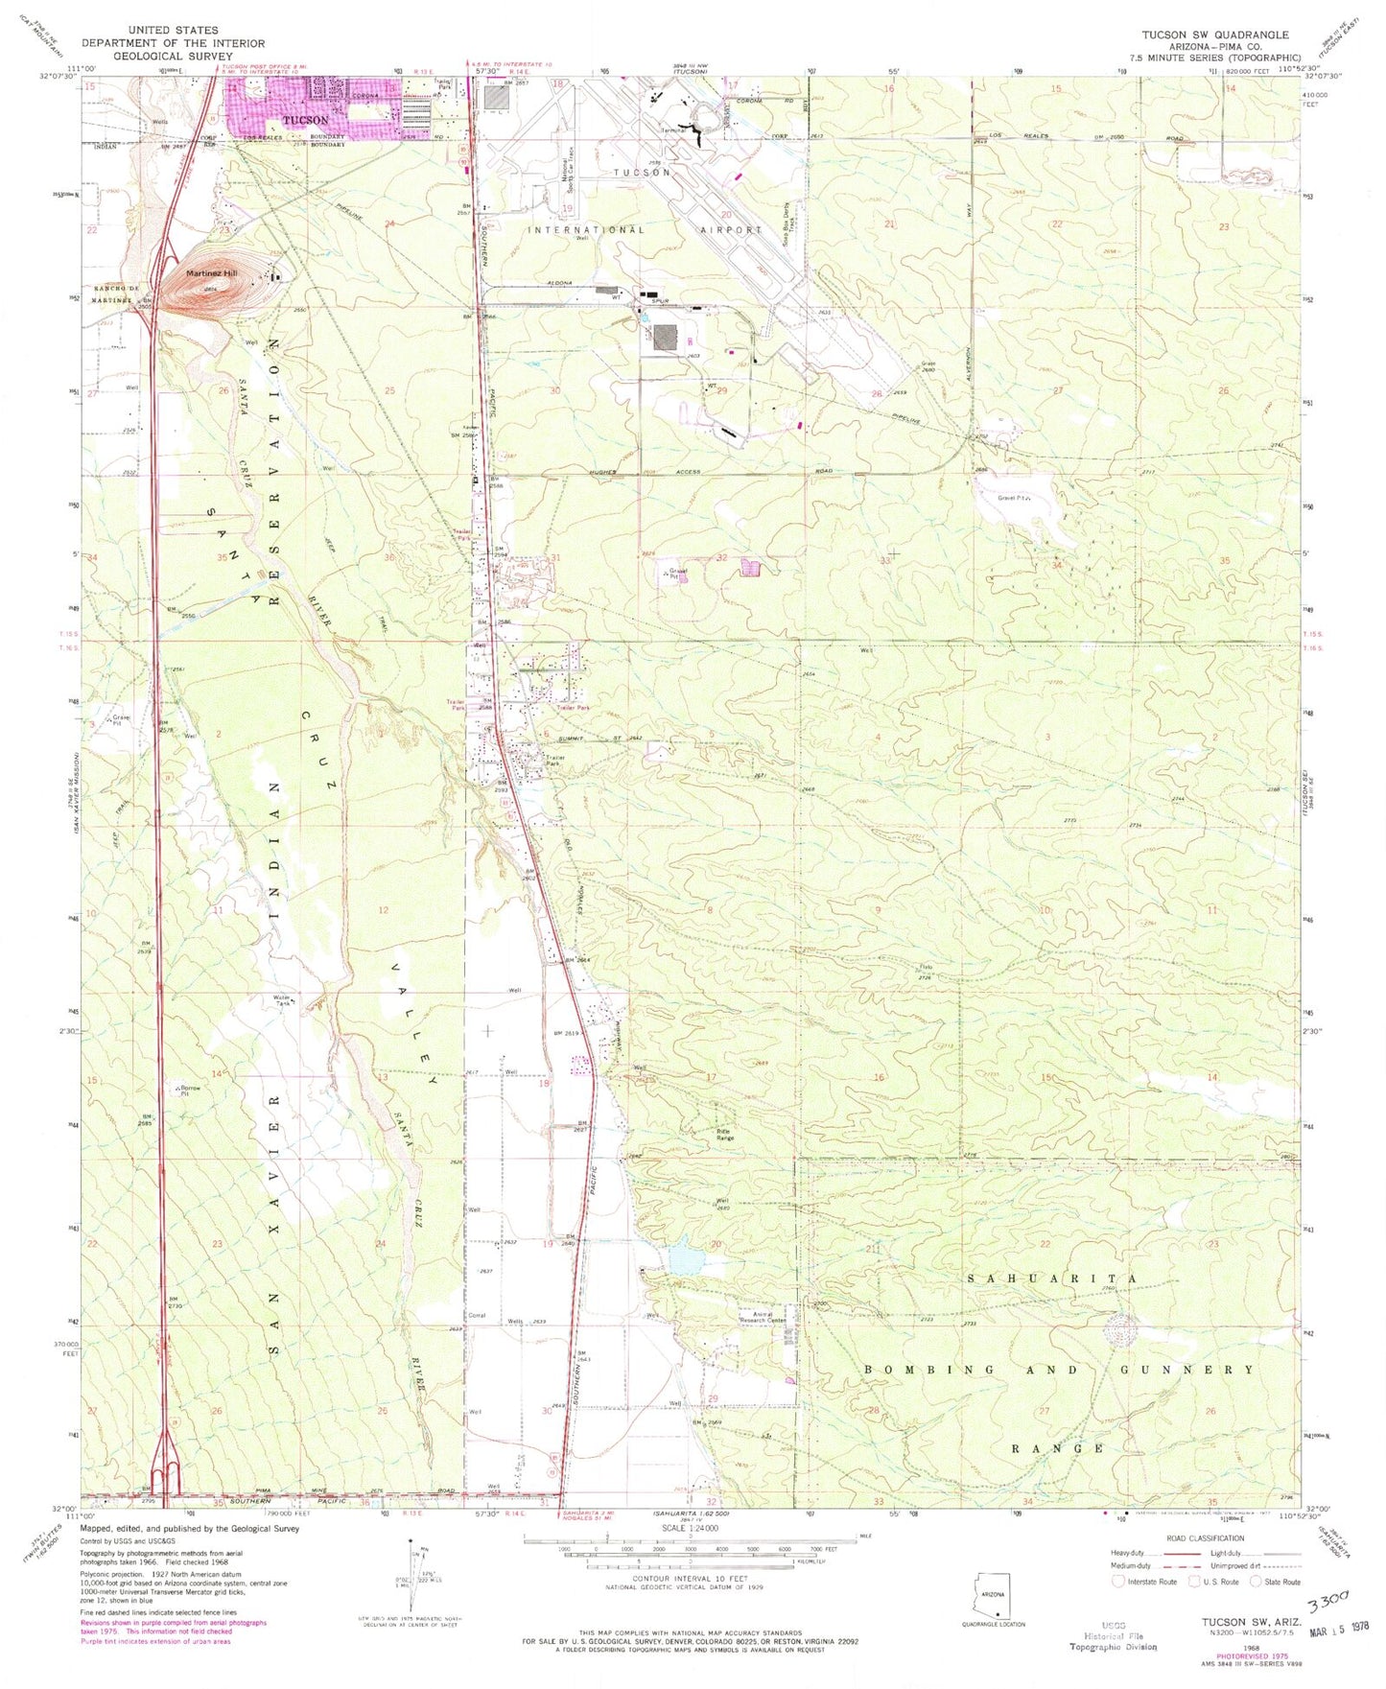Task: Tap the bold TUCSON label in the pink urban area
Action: pyautogui.click(x=304, y=121)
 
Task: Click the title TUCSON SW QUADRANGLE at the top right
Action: pyautogui.click(x=1214, y=35)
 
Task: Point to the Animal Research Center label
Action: pyautogui.click(x=763, y=1316)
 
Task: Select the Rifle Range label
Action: pyautogui.click(x=725, y=1134)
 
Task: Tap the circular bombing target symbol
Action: pyautogui.click(x=1119, y=1330)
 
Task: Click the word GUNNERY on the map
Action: pyautogui.click(x=1186, y=1370)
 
